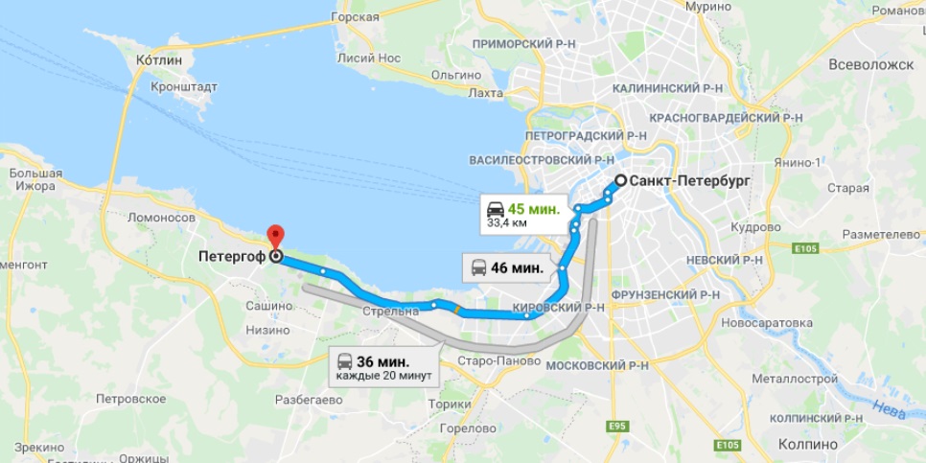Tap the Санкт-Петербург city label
[x=689, y=180]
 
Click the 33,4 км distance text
[x=507, y=223]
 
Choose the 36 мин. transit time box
[x=382, y=361]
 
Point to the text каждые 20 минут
[x=383, y=376]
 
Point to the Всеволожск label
[x=871, y=64]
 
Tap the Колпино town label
[x=809, y=445]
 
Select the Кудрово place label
[x=756, y=228]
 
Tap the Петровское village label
[x=131, y=397]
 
